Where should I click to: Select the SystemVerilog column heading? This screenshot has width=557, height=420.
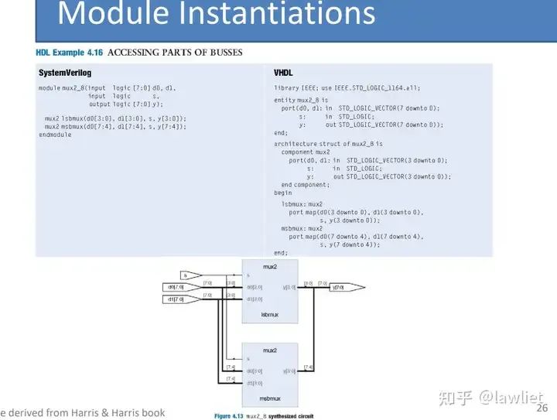[65, 73]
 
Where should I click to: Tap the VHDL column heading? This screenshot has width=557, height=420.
[283, 73]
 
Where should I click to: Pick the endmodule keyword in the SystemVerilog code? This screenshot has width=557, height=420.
[55, 135]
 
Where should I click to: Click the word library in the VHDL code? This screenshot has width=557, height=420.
[286, 88]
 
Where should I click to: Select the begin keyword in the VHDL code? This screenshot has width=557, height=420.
[283, 193]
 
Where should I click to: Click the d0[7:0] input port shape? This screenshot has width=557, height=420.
[176, 287]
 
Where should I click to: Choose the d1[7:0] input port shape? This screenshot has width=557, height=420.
[176, 299]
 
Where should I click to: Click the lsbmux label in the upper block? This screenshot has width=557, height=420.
[270, 315]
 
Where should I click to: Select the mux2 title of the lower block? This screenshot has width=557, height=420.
[270, 350]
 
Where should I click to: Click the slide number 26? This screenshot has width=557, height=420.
[542, 408]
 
